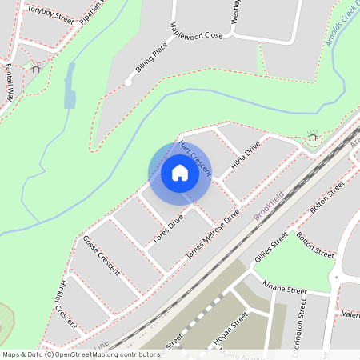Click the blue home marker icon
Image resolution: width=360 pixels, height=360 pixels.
click(180, 172)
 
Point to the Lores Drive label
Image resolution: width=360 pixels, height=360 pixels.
click(168, 227)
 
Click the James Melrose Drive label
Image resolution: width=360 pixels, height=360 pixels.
click(213, 234)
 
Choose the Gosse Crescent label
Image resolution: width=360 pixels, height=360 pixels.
click(101, 255)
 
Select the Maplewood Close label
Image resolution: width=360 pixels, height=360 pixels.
click(196, 36)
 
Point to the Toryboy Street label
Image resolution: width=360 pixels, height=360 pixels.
click(50, 14)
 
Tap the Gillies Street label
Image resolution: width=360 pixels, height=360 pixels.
click(270, 247)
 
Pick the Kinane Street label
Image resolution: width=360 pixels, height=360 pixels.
click(285, 288)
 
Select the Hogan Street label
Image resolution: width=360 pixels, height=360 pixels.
click(232, 330)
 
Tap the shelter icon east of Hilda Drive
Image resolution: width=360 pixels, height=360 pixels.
click(312, 136)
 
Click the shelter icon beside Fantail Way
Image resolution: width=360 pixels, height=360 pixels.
click(35, 69)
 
